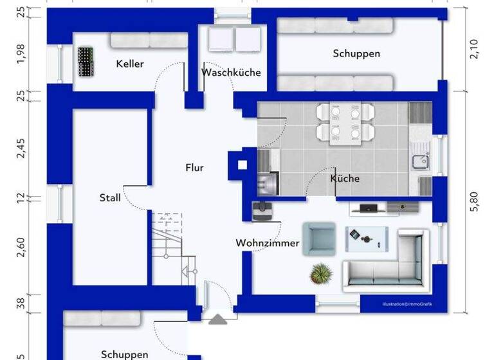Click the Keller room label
129,64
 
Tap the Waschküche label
231,72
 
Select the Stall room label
110,198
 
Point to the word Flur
194,168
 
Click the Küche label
345,179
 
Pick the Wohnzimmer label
267,243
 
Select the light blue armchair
319,239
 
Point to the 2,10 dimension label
475,49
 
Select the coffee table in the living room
368,238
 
